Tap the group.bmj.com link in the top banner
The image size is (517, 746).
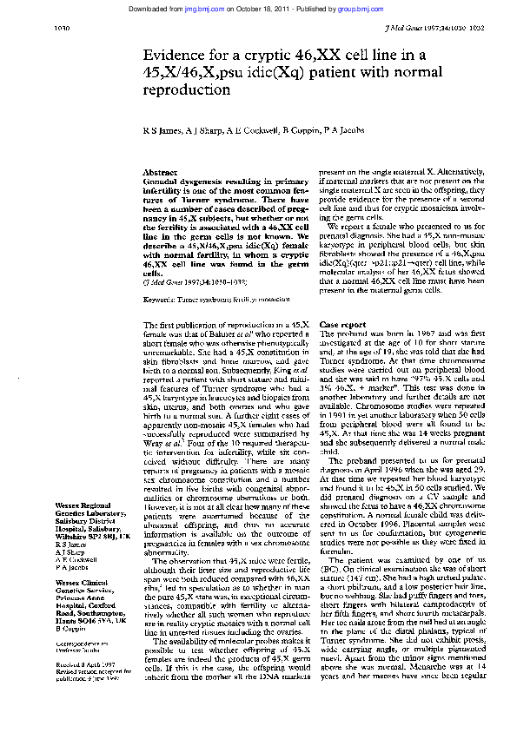[358, 8]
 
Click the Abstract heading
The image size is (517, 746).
[159, 174]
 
